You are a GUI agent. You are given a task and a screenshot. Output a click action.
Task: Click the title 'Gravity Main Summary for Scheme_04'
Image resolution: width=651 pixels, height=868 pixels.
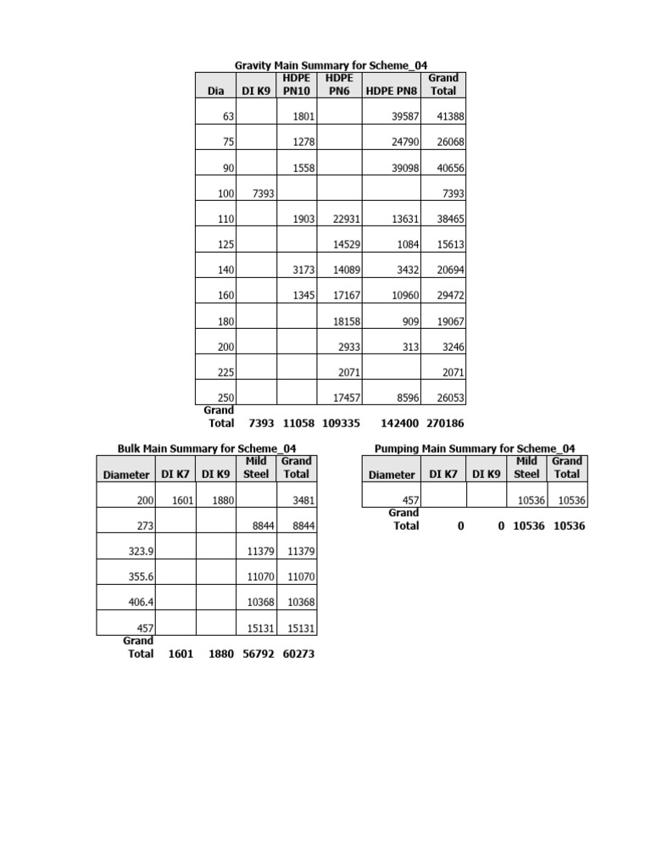pyautogui.click(x=331, y=65)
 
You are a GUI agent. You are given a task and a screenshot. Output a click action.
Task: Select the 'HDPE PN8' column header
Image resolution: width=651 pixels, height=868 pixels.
pyautogui.click(x=391, y=91)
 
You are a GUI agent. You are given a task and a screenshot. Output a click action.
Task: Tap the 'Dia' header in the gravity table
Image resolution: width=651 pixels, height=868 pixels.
pyautogui.click(x=215, y=91)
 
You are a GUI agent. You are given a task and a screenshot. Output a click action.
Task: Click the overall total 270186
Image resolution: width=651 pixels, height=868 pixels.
pyautogui.click(x=444, y=422)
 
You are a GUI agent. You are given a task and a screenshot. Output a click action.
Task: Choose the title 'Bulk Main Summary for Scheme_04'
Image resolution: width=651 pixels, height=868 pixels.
pyautogui.click(x=206, y=448)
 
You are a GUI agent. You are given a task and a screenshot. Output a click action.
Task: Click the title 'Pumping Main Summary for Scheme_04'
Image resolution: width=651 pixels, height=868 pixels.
pyautogui.click(x=475, y=448)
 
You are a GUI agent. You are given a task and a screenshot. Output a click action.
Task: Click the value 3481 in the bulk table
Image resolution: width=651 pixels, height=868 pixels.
pyautogui.click(x=303, y=501)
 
